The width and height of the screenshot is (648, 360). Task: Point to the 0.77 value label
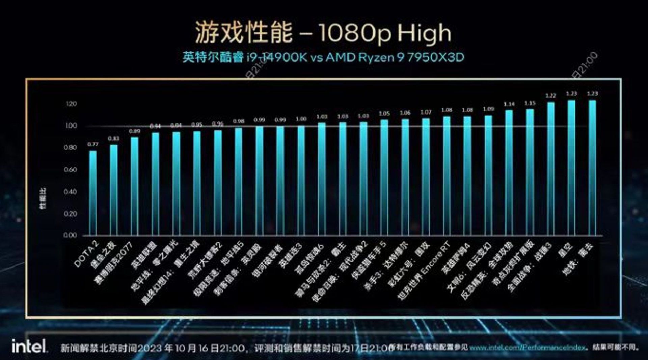[x=93, y=144]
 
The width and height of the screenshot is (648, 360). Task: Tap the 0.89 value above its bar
[x=135, y=131]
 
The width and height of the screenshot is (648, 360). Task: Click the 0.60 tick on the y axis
[x=70, y=170]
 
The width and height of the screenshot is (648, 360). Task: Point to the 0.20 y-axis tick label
[x=70, y=214]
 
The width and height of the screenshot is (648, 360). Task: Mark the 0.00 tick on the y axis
[x=70, y=235]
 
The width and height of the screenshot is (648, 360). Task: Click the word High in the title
[x=424, y=33]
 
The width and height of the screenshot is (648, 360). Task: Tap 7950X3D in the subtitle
[x=436, y=57]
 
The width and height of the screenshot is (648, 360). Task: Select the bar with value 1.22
[x=551, y=169]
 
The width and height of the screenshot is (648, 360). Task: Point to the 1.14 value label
[x=509, y=104]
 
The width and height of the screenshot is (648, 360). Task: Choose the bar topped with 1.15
[x=530, y=172]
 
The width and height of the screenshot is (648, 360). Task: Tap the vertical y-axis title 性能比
[x=43, y=198]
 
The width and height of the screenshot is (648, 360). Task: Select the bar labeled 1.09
[x=488, y=175]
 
